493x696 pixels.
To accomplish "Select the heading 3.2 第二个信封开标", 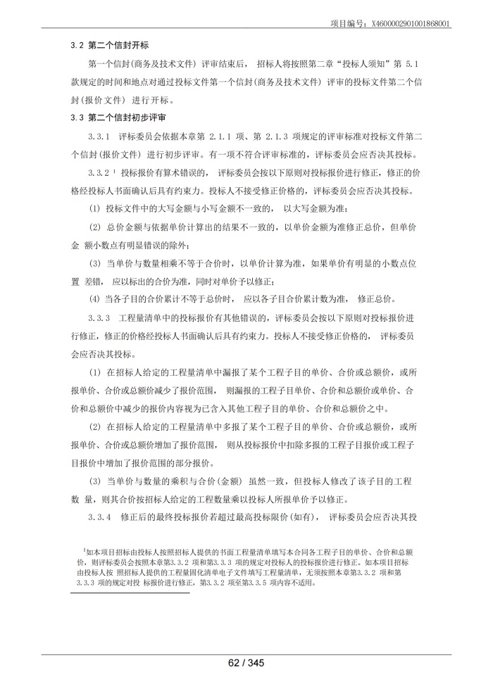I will click(x=113, y=45).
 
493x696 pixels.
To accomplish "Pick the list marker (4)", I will click(x=94, y=298).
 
